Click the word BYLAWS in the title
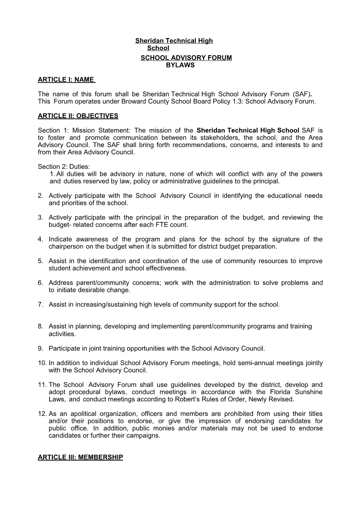(180, 65)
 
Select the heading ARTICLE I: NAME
(66, 80)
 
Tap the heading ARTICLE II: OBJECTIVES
(78, 116)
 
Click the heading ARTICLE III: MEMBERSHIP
(80, 458)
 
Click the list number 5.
(40, 261)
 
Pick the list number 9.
(40, 349)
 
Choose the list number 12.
(42, 414)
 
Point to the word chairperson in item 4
(66, 247)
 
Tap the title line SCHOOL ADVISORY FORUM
(186, 58)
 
